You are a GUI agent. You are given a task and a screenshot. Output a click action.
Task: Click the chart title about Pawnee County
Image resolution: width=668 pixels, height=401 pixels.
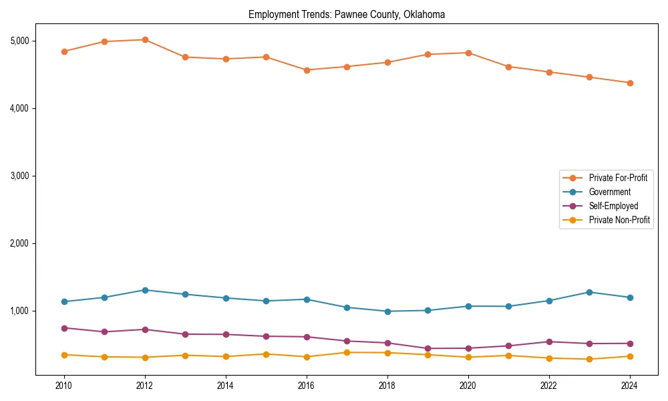coord(346,15)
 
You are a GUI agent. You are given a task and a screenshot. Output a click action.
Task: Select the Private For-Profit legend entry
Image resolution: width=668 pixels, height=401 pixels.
coord(618,178)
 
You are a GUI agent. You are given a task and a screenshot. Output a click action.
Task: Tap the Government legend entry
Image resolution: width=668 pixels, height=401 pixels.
coord(609,192)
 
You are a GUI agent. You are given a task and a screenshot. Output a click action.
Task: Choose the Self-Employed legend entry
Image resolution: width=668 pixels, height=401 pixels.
coord(613,206)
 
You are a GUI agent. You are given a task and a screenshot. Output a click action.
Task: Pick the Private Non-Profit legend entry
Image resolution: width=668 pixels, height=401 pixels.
coord(619,220)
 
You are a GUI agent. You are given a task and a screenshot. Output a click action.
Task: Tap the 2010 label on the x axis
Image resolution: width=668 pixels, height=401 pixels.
coord(64,386)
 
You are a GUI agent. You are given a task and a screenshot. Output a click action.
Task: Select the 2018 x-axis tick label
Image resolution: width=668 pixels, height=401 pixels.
coord(387,386)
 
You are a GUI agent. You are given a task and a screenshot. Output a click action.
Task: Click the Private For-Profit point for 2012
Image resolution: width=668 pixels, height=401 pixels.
coord(145,39)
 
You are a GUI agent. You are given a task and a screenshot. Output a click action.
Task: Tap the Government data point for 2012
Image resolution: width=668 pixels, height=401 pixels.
coord(145,290)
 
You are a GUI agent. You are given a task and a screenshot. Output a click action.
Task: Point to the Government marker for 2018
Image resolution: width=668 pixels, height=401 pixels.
coord(387,311)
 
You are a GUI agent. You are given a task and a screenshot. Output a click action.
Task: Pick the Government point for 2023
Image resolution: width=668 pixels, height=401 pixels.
coord(589,292)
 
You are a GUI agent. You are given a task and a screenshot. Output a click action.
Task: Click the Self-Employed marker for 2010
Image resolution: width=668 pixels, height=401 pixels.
coord(64,328)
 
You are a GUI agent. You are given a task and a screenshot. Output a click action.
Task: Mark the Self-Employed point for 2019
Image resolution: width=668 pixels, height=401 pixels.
coord(428,348)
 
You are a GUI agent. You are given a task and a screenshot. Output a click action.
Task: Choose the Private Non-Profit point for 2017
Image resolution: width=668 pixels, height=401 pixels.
coord(347,352)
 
